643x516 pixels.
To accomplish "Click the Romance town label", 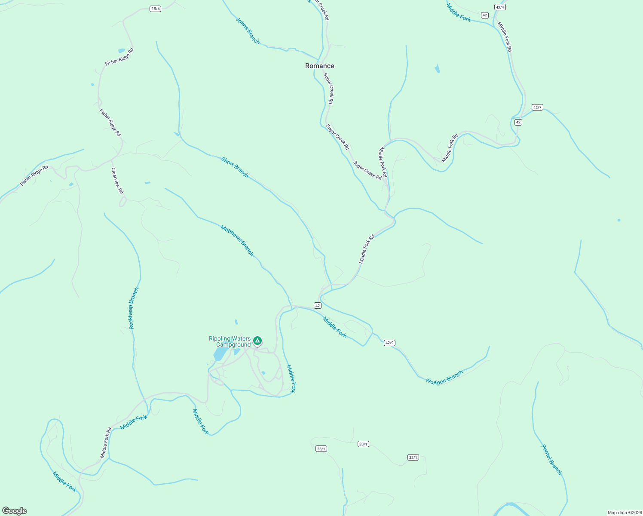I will tap(319, 66).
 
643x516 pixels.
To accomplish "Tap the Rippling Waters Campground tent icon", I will tap(257, 341).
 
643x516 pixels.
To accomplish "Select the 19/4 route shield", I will tap(155, 9).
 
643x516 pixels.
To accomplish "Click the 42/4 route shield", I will tap(500, 7).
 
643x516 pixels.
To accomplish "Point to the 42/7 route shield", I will tap(537, 107).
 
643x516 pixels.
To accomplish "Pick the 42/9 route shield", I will tap(389, 343).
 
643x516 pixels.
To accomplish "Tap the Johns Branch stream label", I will tap(248, 31).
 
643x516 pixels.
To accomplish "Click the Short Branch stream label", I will tap(235, 167).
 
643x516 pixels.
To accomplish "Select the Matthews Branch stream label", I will tap(237, 240).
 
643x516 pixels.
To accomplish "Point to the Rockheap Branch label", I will tap(134, 308).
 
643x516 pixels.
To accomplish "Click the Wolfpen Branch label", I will tap(444, 378).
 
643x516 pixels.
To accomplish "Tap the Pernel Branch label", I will tap(551, 460).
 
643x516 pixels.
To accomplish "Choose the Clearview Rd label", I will tap(117, 181).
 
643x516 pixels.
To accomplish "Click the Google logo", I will tap(14, 511).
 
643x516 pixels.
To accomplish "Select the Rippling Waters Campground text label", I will tap(230, 342).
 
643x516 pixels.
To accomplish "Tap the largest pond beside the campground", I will tap(220, 354).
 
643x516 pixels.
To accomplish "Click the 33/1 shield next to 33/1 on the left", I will tap(321, 449).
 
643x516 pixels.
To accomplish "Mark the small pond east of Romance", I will tap(437, 68).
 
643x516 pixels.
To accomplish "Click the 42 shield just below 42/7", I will tap(518, 122).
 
